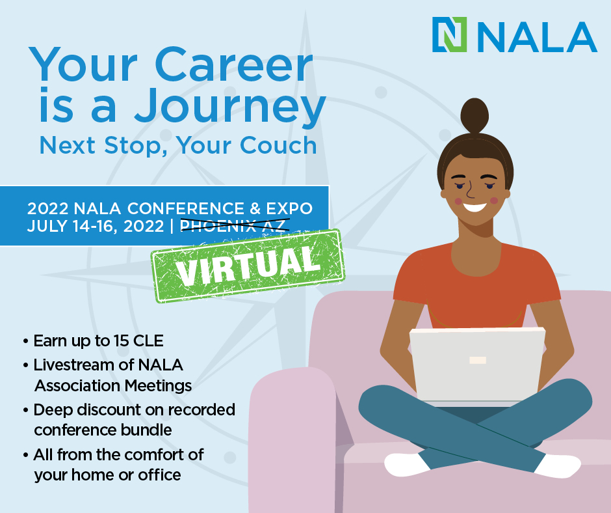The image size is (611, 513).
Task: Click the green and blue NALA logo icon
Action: coord(449,35)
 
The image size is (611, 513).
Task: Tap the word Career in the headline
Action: coord(234,65)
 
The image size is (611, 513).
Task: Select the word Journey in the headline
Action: coord(230,106)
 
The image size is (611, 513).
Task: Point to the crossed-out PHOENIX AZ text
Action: coord(235,226)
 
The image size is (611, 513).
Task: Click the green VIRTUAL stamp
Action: coord(248,266)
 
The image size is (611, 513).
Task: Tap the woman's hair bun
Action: coord(474,116)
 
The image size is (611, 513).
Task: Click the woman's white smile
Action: coord(474,207)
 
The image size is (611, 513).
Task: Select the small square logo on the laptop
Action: coord(478,360)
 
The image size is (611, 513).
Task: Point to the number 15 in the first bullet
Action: coord(121,341)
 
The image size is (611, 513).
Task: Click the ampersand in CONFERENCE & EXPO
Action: coord(255,208)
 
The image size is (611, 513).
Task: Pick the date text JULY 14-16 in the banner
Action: coord(73,226)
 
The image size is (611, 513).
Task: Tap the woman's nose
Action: coord(470,191)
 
